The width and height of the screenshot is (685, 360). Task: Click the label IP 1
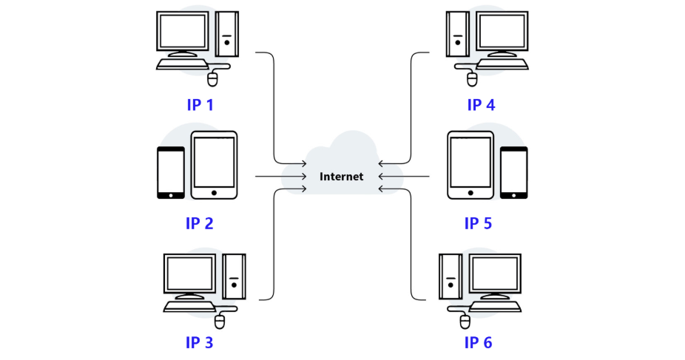tap(200, 104)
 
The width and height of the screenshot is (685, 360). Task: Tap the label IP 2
tap(199, 223)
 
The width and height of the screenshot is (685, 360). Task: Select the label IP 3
tap(199, 342)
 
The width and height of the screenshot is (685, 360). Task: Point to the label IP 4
tap(481, 104)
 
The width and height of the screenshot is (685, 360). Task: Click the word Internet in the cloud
tap(341, 177)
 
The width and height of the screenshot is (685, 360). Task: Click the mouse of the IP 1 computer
tap(214, 78)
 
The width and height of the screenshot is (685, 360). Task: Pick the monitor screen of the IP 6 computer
tap(496, 273)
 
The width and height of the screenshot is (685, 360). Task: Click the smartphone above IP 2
tap(171, 172)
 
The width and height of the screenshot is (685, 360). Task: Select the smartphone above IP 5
tap(514, 172)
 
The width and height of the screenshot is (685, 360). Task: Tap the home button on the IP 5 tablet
tap(470, 192)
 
